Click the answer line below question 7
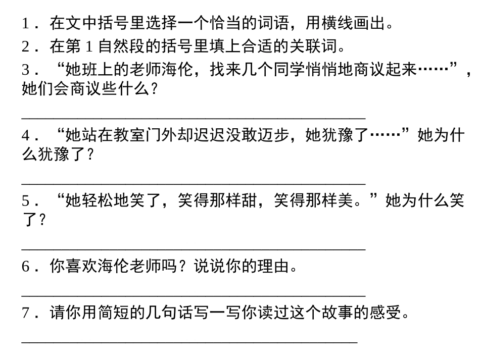(x=189, y=342)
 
